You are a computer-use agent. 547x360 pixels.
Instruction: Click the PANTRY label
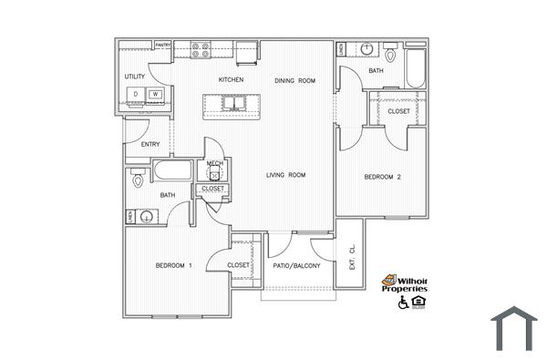tap(164, 45)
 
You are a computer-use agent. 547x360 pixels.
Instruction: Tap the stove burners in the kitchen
tap(201, 49)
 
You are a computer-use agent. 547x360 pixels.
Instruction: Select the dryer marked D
tap(135, 94)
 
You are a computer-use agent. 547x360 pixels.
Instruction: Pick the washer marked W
tap(156, 94)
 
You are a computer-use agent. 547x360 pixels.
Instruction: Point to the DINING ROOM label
tap(294, 81)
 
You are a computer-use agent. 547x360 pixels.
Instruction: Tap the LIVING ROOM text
tap(284, 175)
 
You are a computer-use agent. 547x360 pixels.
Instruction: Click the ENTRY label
tap(150, 144)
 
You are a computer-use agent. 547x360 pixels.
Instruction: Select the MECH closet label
tap(215, 164)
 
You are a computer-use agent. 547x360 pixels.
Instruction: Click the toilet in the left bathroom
tap(138, 180)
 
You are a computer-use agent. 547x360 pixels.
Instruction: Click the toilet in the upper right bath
tap(389, 54)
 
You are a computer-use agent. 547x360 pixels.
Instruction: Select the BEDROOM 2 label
tap(382, 178)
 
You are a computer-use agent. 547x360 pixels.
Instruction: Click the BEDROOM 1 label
tap(173, 265)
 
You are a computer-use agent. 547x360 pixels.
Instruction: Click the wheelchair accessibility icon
tap(403, 302)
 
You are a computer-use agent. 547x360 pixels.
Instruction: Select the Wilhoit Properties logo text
tap(404, 284)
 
